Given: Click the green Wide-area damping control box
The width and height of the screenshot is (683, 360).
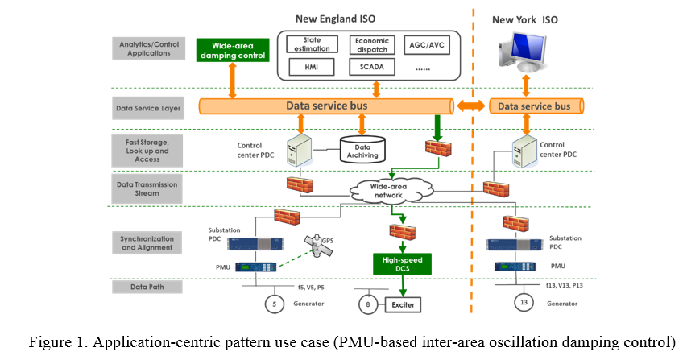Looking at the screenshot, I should [x=231, y=50].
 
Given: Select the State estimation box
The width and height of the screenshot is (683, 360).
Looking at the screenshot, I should [x=312, y=43].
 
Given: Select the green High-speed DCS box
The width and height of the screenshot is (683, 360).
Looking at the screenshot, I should [x=400, y=263].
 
